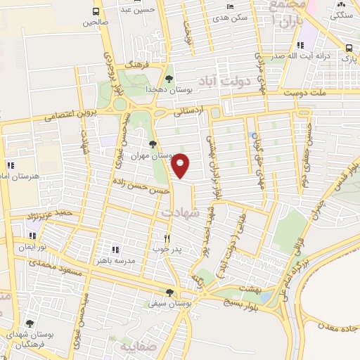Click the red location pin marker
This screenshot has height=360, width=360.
pyautogui.click(x=181, y=165)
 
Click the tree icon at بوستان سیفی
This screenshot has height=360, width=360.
pyautogui.click(x=169, y=293)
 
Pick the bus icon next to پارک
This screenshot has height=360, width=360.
pyautogui.click(x=349, y=48)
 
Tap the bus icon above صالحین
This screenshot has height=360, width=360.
pyautogui.click(x=96, y=11)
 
